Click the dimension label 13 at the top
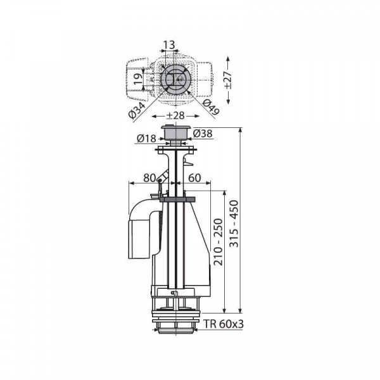click(x=169, y=45)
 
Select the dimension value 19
click(x=138, y=79)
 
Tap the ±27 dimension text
click(x=229, y=80)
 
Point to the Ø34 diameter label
click(x=137, y=110)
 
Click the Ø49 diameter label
click(x=211, y=107)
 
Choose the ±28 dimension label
click(x=175, y=116)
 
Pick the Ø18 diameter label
click(x=146, y=138)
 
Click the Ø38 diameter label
click(x=203, y=133)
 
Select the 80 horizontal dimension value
click(x=149, y=178)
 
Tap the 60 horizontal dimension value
click(x=194, y=178)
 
